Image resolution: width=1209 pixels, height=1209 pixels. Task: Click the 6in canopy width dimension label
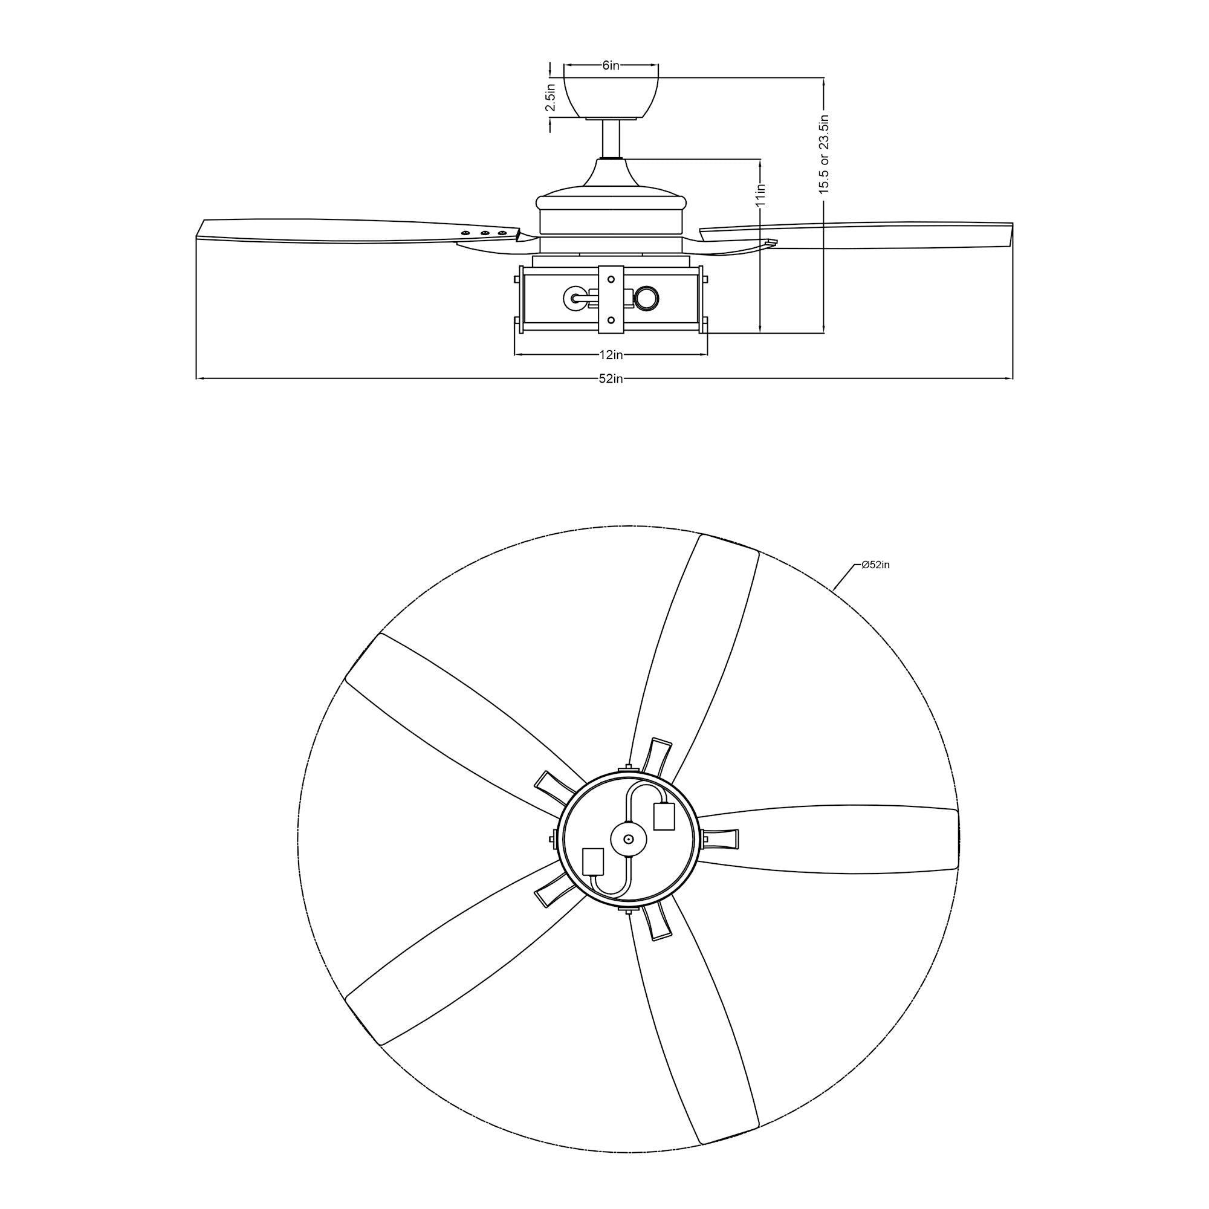pyautogui.click(x=610, y=65)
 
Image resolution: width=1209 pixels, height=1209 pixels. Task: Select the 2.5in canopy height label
pyautogui.click(x=551, y=97)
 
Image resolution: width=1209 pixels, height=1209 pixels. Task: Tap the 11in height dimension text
pyautogui.click(x=760, y=195)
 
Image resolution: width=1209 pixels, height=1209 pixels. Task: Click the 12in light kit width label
pyautogui.click(x=611, y=355)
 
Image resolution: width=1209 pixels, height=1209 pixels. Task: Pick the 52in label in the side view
pyautogui.click(x=611, y=378)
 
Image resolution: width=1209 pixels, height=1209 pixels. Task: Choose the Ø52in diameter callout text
pyautogui.click(x=875, y=565)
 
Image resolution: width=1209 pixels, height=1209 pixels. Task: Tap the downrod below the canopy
pyautogui.click(x=611, y=138)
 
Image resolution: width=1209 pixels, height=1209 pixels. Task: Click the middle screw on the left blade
pyautogui.click(x=484, y=233)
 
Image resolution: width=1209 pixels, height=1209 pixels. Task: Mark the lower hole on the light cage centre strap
pyautogui.click(x=611, y=320)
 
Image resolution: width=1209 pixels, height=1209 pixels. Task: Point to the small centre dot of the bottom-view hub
pyautogui.click(x=629, y=839)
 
